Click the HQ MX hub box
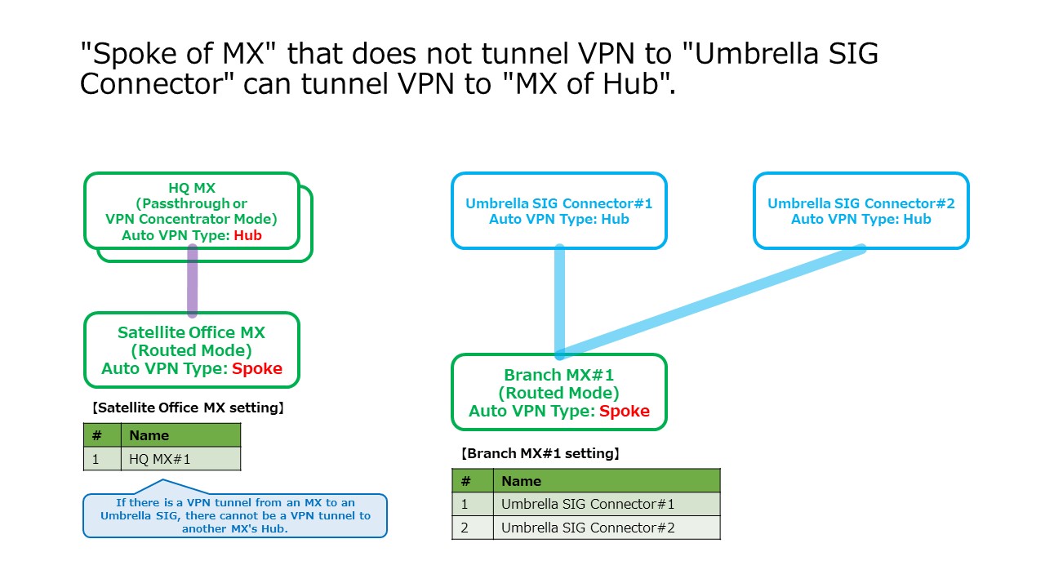tap(192, 211)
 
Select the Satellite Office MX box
tap(192, 350)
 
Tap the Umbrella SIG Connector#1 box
tap(559, 211)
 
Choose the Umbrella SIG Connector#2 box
tap(860, 211)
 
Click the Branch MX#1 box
tap(559, 393)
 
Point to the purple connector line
tap(193, 281)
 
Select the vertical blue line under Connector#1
tap(560, 294)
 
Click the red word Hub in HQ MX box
tap(248, 235)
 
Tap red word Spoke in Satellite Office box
tap(256, 368)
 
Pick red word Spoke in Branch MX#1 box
tap(624, 411)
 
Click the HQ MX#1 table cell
tap(180, 459)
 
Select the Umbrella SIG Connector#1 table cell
tap(606, 504)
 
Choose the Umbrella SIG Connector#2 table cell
tap(606, 528)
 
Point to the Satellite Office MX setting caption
tap(189, 408)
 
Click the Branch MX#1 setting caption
tap(540, 453)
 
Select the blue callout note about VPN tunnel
tap(235, 514)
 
